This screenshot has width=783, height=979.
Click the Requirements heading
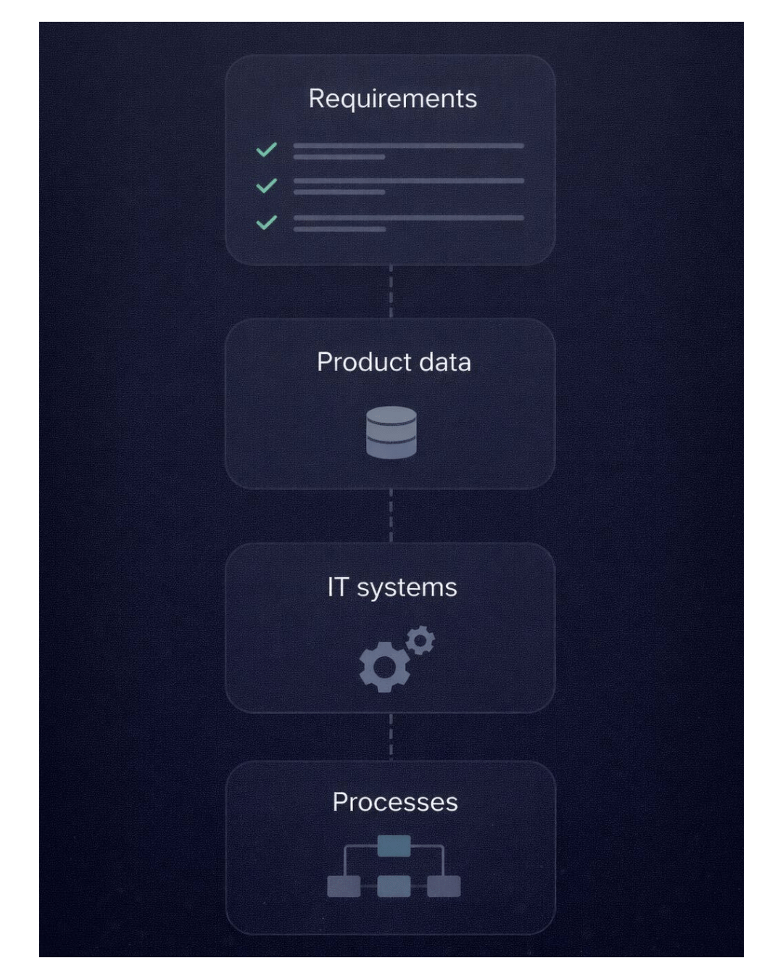click(392, 99)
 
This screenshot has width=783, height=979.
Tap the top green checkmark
click(267, 149)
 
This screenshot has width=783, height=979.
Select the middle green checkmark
click(267, 186)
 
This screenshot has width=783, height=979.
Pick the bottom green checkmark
click(267, 222)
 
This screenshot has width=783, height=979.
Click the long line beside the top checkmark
click(408, 146)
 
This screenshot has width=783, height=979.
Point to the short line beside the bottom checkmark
click(339, 229)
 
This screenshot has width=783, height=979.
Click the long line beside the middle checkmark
click(408, 181)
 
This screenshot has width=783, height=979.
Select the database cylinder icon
click(391, 433)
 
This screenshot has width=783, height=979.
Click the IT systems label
click(392, 587)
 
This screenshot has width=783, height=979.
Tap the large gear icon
click(384, 667)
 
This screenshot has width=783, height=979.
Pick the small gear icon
click(420, 640)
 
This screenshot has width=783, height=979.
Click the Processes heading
click(395, 802)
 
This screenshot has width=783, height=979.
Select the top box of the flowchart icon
click(394, 846)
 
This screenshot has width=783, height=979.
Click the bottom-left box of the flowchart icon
click(344, 886)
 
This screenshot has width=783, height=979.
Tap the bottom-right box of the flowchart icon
click(444, 886)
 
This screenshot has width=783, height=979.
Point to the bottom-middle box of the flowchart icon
click(394, 886)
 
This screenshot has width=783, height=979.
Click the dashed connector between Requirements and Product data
click(391, 292)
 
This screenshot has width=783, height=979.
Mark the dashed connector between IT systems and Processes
click(391, 737)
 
